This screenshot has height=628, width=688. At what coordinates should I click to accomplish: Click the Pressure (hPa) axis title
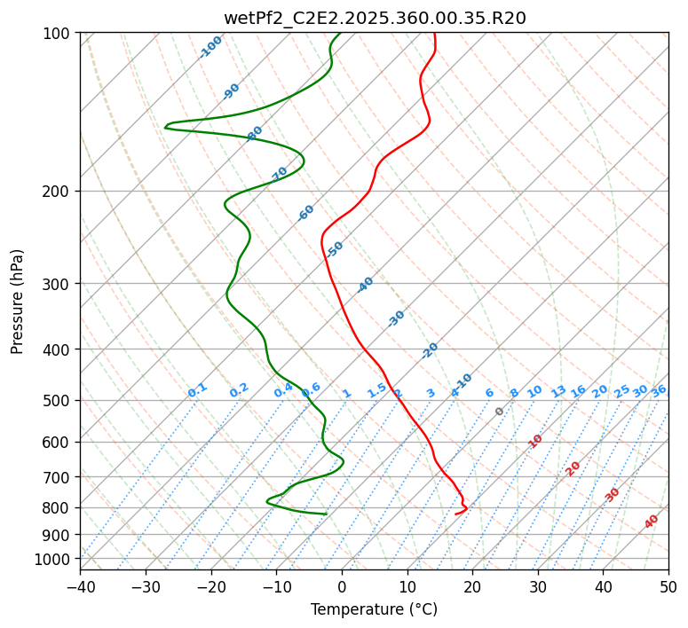point(18,302)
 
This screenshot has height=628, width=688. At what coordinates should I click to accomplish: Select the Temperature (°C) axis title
point(374,609)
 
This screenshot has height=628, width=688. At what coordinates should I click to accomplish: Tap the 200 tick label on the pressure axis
point(58,191)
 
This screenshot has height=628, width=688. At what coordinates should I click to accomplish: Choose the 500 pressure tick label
point(58,400)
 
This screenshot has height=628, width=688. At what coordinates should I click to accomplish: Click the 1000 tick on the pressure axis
point(54,559)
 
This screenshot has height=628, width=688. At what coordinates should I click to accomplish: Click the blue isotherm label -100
point(211,47)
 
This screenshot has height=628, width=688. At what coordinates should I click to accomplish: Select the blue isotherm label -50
point(335,249)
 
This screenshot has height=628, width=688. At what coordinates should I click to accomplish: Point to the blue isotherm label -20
point(430,350)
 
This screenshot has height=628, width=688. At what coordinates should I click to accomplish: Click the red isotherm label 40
point(652,522)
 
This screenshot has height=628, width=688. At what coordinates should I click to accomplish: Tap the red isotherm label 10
point(535,441)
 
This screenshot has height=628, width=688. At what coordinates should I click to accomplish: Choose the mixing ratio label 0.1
point(197,390)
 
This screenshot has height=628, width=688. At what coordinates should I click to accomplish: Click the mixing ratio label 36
point(659,390)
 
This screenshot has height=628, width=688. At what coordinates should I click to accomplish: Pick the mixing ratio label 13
point(558,391)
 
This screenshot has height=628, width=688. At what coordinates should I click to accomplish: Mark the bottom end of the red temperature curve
point(455,514)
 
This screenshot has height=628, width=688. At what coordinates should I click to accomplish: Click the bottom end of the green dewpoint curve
point(326,514)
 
